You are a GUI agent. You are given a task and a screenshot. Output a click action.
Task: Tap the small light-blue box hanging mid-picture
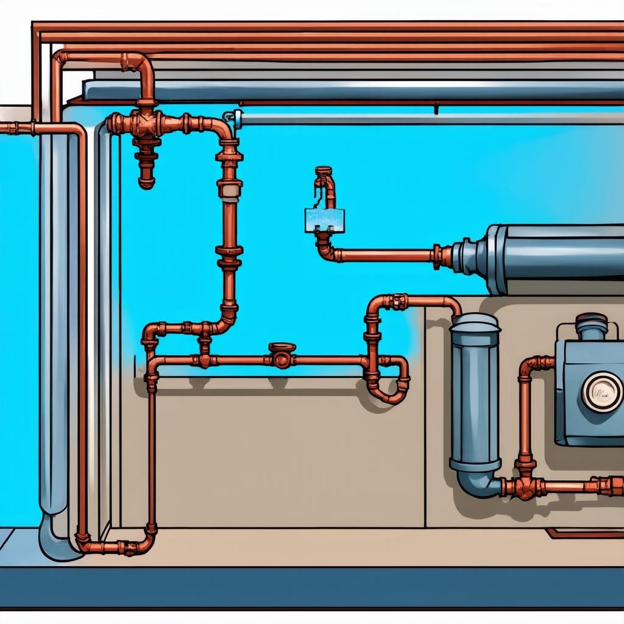[324, 220]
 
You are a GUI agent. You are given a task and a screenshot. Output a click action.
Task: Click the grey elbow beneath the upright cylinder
[478, 484]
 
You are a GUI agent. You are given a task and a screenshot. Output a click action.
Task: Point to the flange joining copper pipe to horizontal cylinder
[438, 257]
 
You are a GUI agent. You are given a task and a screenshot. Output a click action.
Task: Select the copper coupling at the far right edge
[612, 486]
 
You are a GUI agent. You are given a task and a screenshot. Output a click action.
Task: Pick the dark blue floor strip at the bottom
[312, 587]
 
